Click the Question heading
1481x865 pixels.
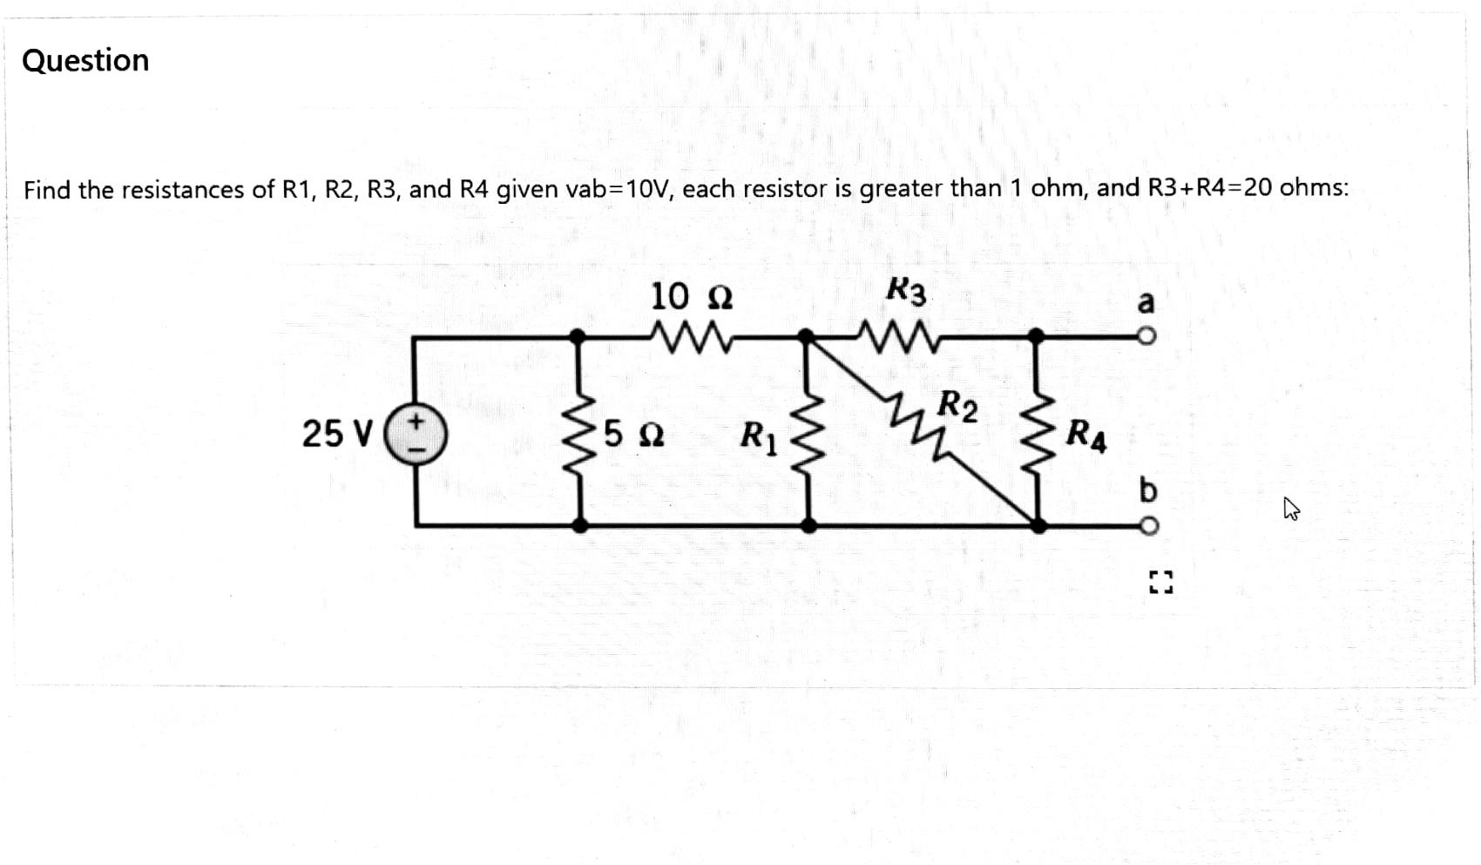85,60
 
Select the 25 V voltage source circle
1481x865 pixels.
416,434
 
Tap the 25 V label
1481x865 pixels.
337,433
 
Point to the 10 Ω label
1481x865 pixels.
692,297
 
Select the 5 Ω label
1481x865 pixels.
633,433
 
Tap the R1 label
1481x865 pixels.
758,436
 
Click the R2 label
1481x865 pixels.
957,406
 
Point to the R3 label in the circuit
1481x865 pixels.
906,291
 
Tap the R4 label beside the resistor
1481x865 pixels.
1086,435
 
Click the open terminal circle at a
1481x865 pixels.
1147,336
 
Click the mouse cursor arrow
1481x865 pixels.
1290,508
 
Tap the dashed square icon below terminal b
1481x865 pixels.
1160,582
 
